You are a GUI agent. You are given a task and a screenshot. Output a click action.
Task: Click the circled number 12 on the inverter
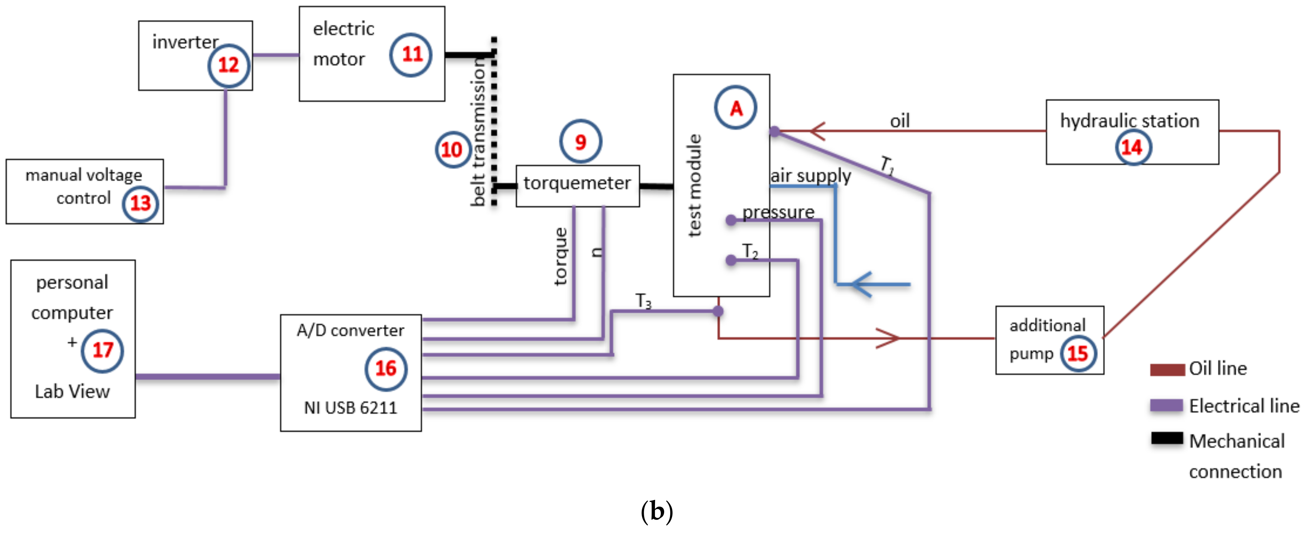(228, 65)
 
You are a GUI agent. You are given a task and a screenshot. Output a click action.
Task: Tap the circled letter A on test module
(735, 108)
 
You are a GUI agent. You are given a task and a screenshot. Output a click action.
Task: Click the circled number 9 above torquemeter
(580, 141)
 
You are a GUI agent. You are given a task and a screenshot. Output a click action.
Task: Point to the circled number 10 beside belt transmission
(452, 149)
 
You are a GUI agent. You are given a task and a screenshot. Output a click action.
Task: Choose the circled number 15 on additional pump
(1077, 353)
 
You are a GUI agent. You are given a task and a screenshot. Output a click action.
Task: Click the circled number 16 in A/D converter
(386, 369)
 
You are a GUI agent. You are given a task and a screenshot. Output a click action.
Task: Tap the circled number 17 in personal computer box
(102, 350)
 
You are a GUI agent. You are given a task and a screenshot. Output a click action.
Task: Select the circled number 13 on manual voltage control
(140, 203)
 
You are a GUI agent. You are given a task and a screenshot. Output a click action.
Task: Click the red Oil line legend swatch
(1167, 369)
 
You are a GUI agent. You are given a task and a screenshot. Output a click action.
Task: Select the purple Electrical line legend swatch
(1167, 405)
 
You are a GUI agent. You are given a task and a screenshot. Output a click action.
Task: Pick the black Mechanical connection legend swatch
(1167, 438)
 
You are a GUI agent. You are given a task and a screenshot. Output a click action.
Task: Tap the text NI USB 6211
(351, 407)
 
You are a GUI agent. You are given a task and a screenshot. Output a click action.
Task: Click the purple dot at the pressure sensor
(731, 220)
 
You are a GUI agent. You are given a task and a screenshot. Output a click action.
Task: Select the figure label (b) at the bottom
(656, 511)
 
